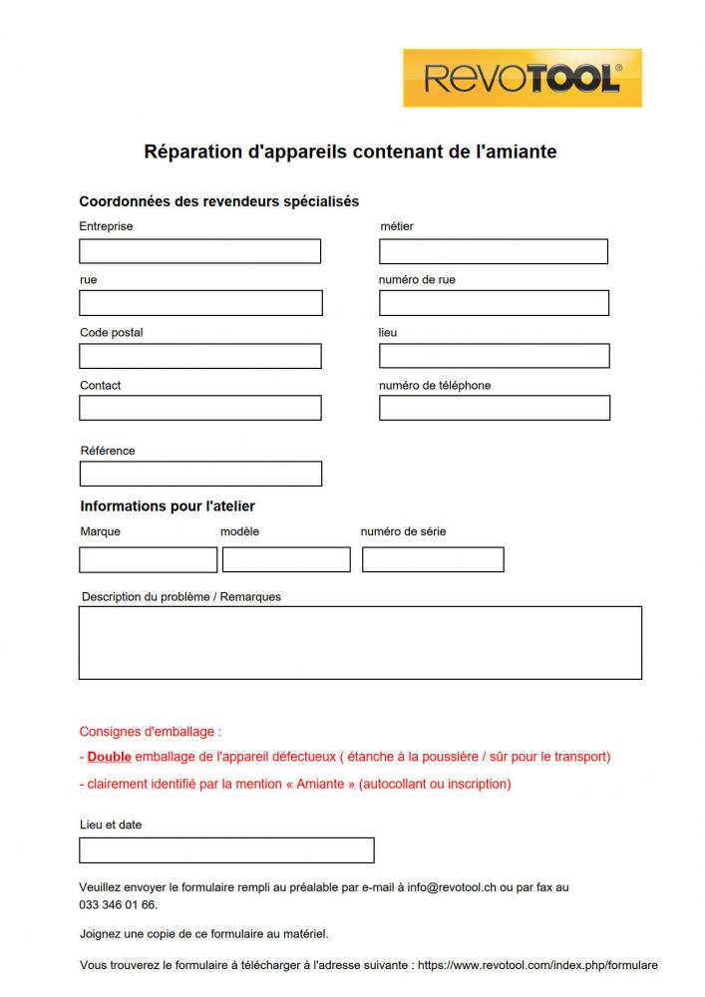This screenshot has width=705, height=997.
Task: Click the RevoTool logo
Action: tap(523, 78)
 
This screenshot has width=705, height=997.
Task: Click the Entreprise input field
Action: tap(199, 251)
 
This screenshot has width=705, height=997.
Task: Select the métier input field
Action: tap(493, 251)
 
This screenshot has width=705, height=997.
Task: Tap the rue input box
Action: tap(200, 303)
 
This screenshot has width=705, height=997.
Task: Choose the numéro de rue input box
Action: tap(494, 303)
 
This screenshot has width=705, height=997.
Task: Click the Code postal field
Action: tap(200, 356)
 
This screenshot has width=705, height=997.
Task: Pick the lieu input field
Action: tap(494, 356)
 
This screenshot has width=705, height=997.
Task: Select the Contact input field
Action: tap(200, 408)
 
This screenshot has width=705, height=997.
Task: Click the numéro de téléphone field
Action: tap(494, 408)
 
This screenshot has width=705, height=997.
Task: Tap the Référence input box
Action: tap(200, 474)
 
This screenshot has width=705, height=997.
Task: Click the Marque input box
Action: tap(148, 559)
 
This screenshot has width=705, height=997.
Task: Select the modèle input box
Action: tap(286, 559)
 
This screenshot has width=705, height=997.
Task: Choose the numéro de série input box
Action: tap(433, 559)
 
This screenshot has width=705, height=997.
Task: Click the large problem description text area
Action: tap(360, 642)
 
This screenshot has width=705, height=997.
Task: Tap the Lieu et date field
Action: tap(226, 850)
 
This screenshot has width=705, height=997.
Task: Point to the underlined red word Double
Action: tap(110, 757)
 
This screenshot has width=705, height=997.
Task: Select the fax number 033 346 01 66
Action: tap(118, 904)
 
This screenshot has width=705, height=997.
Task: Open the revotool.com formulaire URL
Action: tap(537, 965)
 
